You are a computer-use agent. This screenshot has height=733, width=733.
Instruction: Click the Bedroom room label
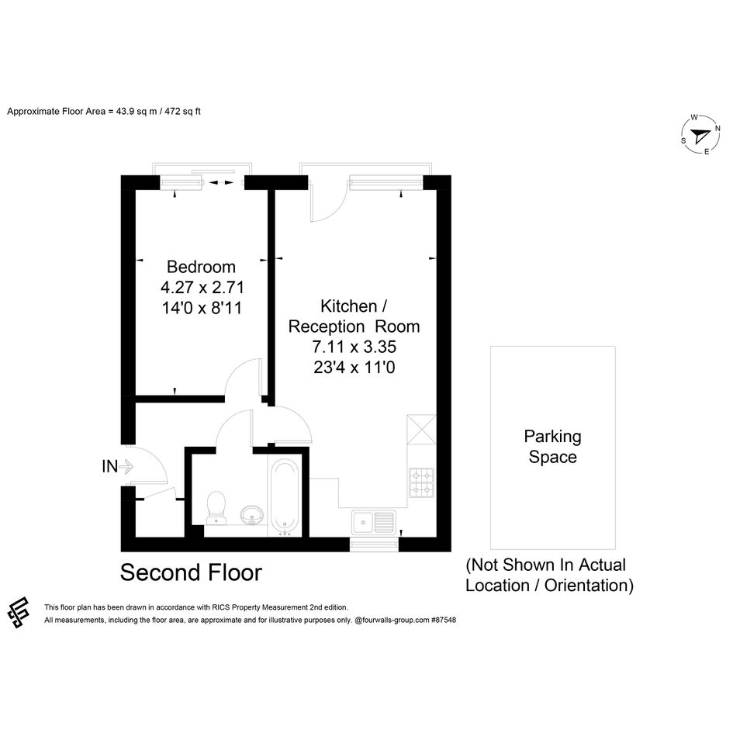pyautogui.click(x=201, y=267)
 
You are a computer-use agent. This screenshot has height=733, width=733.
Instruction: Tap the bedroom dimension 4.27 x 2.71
pyautogui.click(x=202, y=287)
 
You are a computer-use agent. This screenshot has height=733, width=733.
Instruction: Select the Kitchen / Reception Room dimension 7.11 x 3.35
pyautogui.click(x=354, y=347)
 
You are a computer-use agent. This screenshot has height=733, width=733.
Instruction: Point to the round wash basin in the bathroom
pyautogui.click(x=252, y=515)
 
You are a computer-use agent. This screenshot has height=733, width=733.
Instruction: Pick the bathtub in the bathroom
pyautogui.click(x=285, y=497)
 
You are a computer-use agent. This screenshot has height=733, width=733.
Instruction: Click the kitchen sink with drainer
pyautogui.click(x=374, y=522)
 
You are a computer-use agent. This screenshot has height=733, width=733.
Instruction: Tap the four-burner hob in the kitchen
pyautogui.click(x=422, y=482)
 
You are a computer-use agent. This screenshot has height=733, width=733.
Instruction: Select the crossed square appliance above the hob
pyautogui.click(x=422, y=429)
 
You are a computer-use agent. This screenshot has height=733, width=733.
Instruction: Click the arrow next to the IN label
pyautogui.click(x=126, y=466)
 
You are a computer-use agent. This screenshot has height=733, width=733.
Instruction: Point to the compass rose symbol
pyautogui.click(x=700, y=135)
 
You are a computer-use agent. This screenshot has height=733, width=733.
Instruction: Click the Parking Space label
pyautogui.click(x=552, y=447)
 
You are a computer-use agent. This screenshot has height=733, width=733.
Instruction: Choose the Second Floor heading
pyautogui.click(x=191, y=572)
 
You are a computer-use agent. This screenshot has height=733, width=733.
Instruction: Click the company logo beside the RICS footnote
pyautogui.click(x=19, y=613)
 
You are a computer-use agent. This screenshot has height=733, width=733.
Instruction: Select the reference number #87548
pyautogui.click(x=444, y=621)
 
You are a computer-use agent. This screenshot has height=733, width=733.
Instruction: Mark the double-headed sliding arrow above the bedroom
pyautogui.click(x=221, y=183)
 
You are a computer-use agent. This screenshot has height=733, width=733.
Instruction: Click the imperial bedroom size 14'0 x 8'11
pyautogui.click(x=202, y=308)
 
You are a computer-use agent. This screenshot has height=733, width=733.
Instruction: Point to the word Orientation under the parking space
pyautogui.click(x=589, y=586)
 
